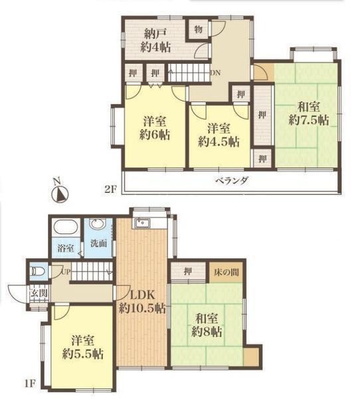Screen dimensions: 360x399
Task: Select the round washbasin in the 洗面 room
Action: tap(98, 225)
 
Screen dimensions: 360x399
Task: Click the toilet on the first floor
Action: tap(37, 272)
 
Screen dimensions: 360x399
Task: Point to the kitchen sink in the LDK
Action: tap(142, 223)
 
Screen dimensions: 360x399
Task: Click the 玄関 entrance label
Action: tap(39, 293)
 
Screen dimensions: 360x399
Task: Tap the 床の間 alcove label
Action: tap(226, 272)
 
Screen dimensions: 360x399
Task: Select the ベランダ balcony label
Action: tap(232, 181)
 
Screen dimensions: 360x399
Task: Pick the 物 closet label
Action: tap(199, 29)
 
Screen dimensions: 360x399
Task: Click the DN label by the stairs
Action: tap(215, 72)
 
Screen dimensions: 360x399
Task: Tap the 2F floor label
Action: tap(110, 190)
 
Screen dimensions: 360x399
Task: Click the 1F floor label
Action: tap(29, 384)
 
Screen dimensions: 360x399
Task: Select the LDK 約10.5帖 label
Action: tap(142, 302)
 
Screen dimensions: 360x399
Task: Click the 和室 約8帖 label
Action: tap(207, 325)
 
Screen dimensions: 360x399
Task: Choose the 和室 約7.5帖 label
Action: tap(309, 114)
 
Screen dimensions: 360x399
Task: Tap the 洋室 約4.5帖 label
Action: tap(219, 136)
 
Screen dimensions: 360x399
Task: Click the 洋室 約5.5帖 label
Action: tap(83, 347)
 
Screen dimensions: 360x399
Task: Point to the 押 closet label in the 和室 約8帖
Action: tap(187, 272)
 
